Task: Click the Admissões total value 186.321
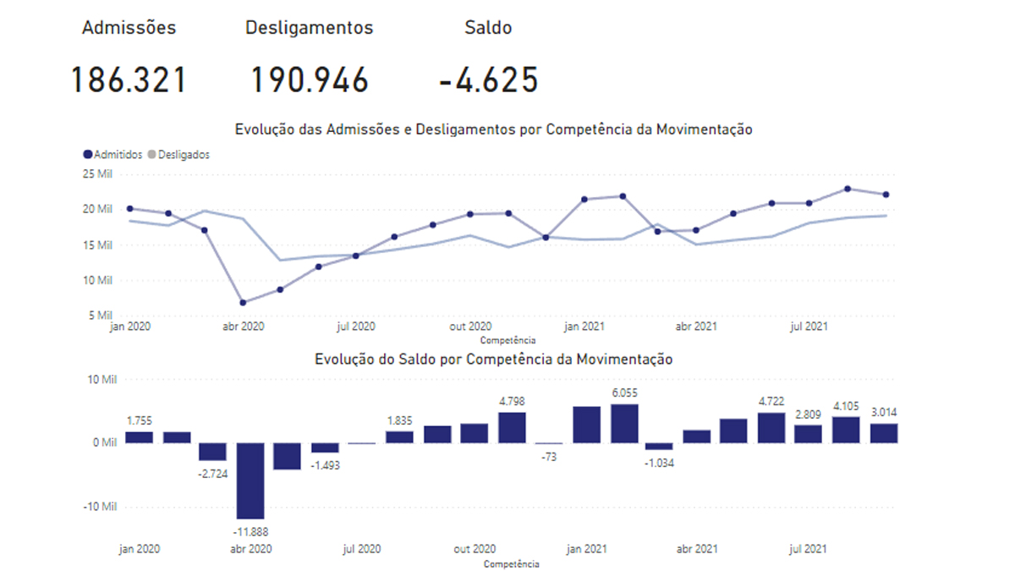pyautogui.click(x=128, y=80)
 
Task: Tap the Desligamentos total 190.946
pyautogui.click(x=310, y=80)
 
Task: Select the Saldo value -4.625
pyautogui.click(x=489, y=80)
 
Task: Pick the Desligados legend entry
pyautogui.click(x=178, y=155)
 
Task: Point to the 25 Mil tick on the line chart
pyautogui.click(x=97, y=174)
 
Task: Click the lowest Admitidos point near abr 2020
pyautogui.click(x=243, y=302)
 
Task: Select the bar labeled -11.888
pyautogui.click(x=251, y=480)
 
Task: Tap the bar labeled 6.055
pyautogui.click(x=623, y=424)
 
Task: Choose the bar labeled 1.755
pyautogui.click(x=139, y=437)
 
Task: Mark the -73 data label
pyautogui.click(x=549, y=457)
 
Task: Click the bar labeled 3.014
pyautogui.click(x=884, y=433)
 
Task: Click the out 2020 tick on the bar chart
pyautogui.click(x=474, y=549)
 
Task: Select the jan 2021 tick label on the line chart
pyautogui.click(x=584, y=326)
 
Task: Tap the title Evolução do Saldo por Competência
pyautogui.click(x=493, y=360)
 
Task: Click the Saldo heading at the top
pyautogui.click(x=488, y=27)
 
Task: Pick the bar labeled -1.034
pyautogui.click(x=660, y=446)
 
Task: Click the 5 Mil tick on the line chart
pyautogui.click(x=101, y=316)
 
